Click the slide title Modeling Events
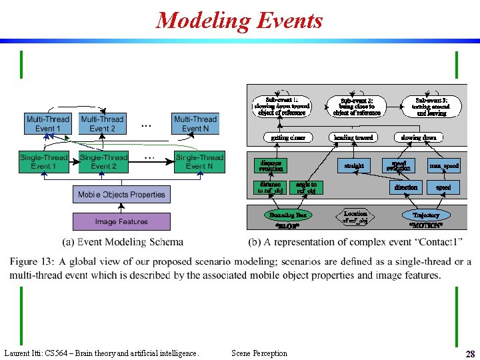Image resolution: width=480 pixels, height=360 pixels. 239,21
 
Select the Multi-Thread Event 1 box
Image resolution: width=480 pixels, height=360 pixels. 47,124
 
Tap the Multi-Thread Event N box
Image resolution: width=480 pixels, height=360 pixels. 195,124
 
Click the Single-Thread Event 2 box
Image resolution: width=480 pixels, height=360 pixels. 103,162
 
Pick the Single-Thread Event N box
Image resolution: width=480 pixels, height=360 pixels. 199,162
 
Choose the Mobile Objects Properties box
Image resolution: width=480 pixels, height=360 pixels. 121,195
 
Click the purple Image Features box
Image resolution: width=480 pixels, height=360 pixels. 121,221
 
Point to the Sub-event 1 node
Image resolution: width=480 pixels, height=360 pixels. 281,106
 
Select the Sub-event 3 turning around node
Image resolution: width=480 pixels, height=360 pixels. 431,106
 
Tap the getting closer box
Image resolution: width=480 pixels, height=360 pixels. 288,137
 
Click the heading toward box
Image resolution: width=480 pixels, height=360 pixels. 353,137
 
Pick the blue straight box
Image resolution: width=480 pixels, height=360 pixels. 353,165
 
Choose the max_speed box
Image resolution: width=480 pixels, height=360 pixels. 443,165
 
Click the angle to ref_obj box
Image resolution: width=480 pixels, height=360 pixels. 306,188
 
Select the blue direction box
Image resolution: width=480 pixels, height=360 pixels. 405,188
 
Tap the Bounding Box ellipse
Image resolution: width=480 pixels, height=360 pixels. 287,215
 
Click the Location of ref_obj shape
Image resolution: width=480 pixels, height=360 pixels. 355,217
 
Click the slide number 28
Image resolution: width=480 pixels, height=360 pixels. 469,354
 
